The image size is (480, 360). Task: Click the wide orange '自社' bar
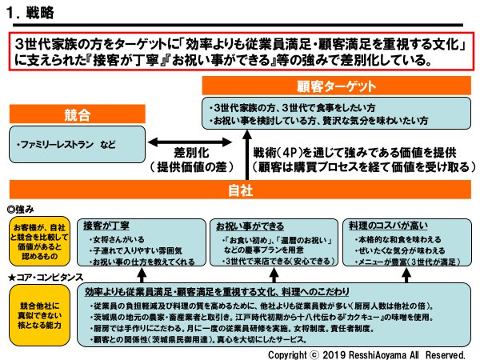(239, 191)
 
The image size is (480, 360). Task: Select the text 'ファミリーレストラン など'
(69, 146)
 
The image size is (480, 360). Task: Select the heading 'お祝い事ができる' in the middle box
(254, 226)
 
